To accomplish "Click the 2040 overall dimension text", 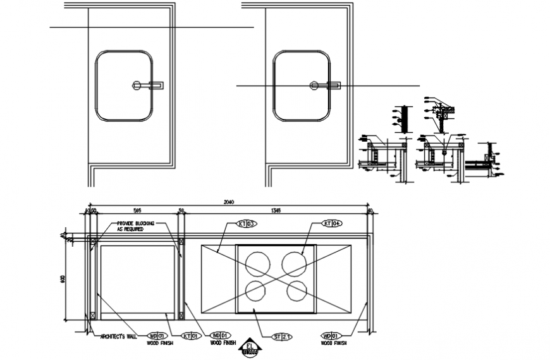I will [x=229, y=202].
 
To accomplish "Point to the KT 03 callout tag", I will [x=247, y=223].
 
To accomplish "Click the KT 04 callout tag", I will [x=332, y=223].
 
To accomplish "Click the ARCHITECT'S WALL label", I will [x=118, y=336].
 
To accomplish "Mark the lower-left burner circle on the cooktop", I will [x=256, y=291].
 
